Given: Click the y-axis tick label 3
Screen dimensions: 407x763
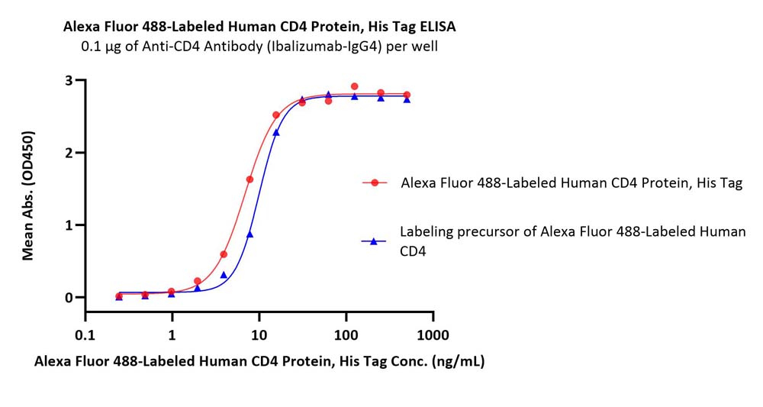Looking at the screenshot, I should [69, 80].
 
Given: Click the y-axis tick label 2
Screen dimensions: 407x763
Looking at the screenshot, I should [69, 153].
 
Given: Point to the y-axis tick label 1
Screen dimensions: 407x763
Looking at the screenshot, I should [69, 225].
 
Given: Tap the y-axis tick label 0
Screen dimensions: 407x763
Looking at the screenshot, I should [69, 298].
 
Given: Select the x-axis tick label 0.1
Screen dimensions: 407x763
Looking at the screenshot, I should [85, 334].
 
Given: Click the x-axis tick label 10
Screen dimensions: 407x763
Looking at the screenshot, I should [259, 334].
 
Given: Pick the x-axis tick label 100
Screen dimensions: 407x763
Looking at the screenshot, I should [346, 334].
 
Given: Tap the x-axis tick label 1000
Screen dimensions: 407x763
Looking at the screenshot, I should [433, 334].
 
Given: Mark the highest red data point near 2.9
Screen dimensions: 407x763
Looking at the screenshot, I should [354, 86].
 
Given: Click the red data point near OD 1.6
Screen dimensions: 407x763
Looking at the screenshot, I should [250, 179].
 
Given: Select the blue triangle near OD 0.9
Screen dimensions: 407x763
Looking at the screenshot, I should [250, 234].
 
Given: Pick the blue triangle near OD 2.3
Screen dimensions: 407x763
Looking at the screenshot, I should [276, 132].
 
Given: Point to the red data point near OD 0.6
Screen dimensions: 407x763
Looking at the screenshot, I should [224, 254].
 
